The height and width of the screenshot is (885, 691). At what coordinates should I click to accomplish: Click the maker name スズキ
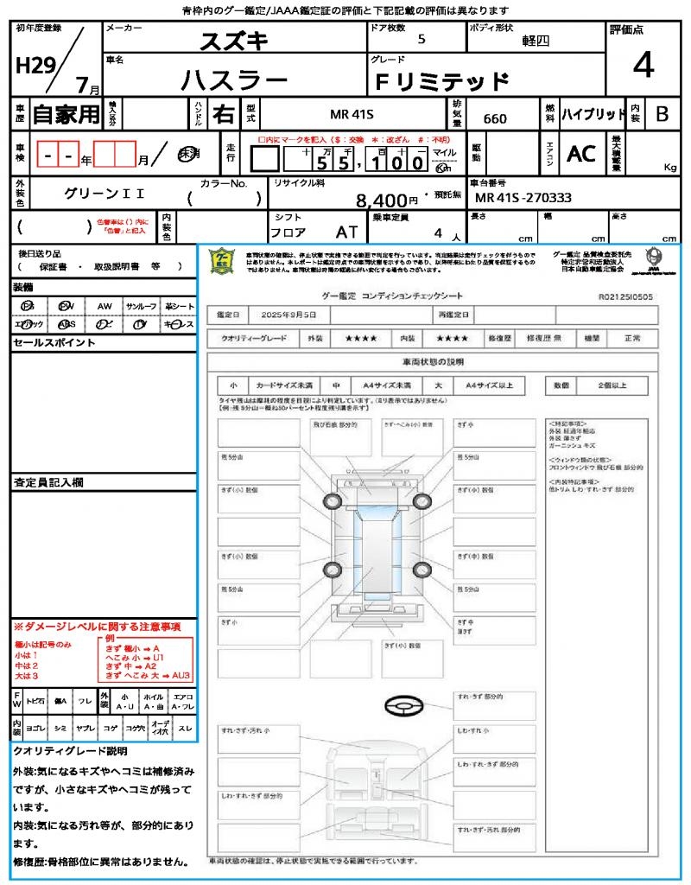click(x=234, y=40)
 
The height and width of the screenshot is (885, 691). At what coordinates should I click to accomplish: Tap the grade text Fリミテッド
click(x=441, y=82)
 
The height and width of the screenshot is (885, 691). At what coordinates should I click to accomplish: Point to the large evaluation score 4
click(x=643, y=66)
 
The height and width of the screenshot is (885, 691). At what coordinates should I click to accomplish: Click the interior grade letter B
click(x=662, y=114)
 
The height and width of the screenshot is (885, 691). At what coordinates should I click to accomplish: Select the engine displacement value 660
click(x=495, y=118)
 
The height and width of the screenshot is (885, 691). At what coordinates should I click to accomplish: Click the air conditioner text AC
click(x=581, y=154)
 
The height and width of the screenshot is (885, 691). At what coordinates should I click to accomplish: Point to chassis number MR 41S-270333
click(x=523, y=198)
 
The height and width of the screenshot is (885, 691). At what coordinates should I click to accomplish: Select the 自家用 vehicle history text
click(x=66, y=114)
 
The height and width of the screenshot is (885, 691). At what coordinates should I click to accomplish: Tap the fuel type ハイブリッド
click(x=593, y=114)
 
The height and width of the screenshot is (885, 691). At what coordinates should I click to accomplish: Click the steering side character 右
click(x=223, y=114)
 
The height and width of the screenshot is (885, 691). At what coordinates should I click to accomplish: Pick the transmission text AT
click(x=347, y=232)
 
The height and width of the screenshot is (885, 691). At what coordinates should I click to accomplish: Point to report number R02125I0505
click(x=625, y=296)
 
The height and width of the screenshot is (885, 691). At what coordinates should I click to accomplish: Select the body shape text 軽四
click(x=536, y=41)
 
